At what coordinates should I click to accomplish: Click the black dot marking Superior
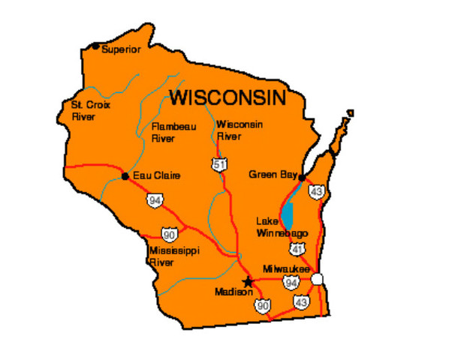[x=95, y=46]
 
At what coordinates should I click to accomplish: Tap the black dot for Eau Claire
[x=125, y=176]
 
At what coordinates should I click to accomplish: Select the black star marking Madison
[x=248, y=282]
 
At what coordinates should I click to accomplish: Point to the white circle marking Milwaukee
[x=318, y=279]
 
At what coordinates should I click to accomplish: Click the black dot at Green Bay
[x=301, y=178]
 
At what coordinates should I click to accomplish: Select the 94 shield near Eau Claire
[x=155, y=200]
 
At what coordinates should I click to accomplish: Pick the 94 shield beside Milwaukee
[x=291, y=283]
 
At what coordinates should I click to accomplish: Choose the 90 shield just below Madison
[x=262, y=305]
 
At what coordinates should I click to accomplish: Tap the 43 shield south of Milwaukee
[x=302, y=301]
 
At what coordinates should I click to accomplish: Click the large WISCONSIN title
[x=227, y=97]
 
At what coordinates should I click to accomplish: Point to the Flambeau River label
[x=173, y=132]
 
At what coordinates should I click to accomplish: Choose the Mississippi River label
[x=174, y=256]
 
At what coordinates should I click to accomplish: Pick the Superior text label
[x=121, y=49]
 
